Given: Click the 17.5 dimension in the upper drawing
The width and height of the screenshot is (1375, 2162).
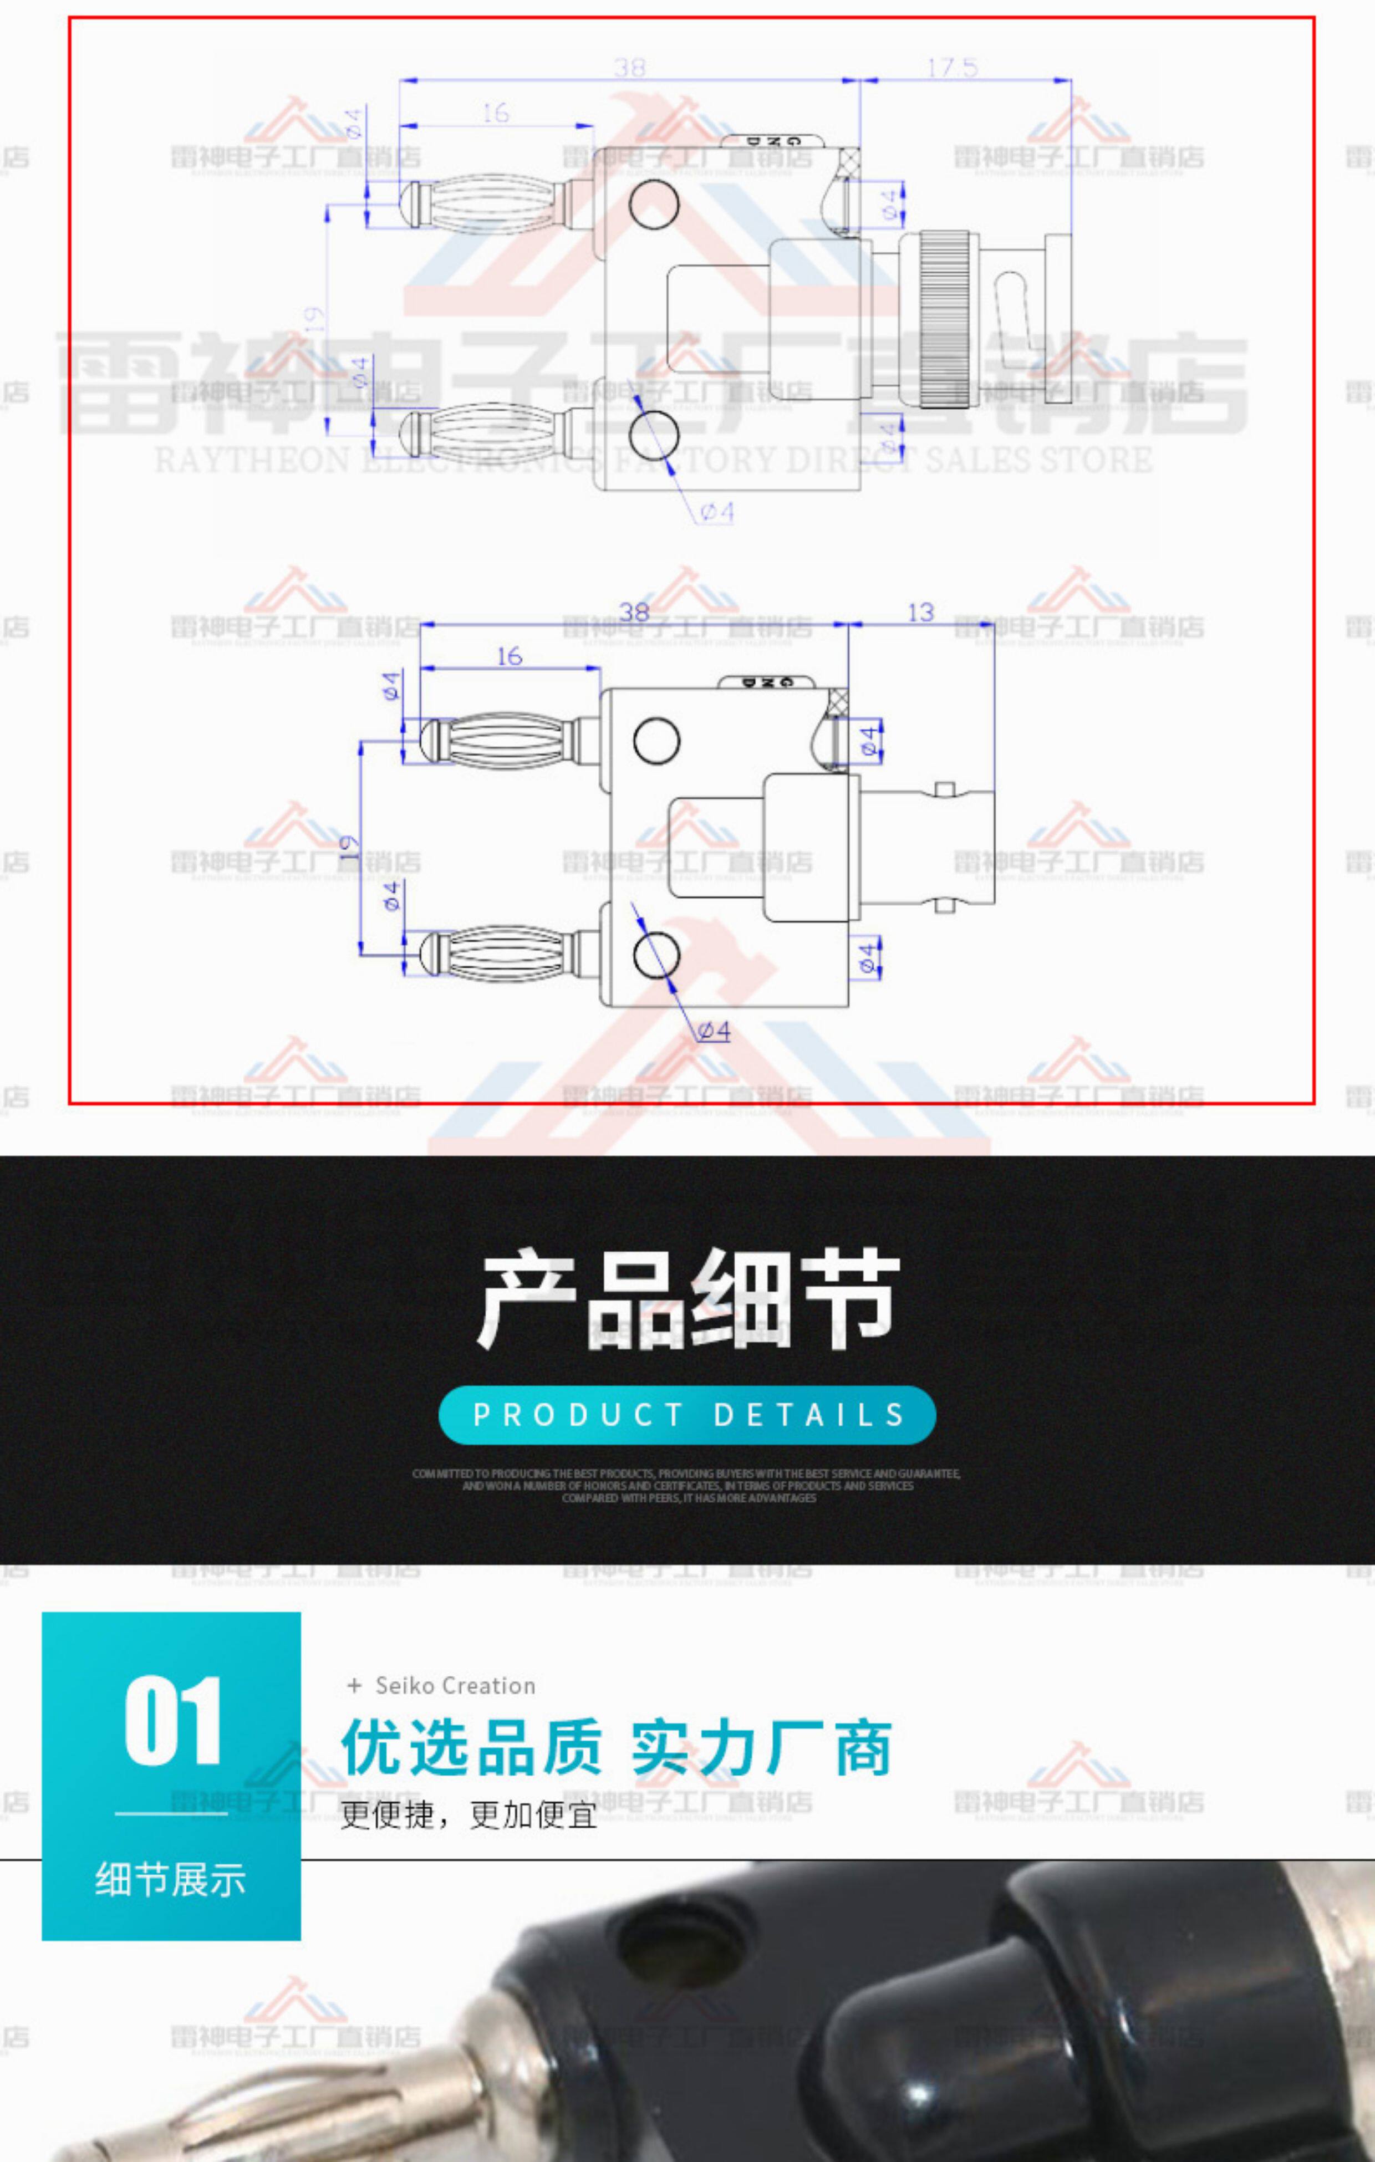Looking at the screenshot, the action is click(952, 67).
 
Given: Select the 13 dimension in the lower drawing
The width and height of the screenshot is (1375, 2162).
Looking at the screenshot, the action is click(920, 613).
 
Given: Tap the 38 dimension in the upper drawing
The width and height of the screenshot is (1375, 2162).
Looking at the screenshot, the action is click(630, 67).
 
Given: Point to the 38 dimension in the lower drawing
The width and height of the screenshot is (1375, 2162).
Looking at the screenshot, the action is click(634, 613).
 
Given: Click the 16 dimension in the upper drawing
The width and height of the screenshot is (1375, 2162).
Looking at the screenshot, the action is click(495, 113).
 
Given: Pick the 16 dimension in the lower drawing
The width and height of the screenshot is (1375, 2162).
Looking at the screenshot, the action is click(509, 656).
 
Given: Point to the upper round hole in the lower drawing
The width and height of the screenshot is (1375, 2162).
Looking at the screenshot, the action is click(656, 741).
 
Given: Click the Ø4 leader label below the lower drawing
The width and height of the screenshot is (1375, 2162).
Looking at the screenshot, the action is click(714, 1032).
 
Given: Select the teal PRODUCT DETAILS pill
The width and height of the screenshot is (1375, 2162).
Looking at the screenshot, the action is click(687, 1415).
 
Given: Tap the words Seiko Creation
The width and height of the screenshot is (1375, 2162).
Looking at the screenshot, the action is click(455, 1685).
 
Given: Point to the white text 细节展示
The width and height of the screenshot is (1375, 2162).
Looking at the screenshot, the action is click(171, 1879).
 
